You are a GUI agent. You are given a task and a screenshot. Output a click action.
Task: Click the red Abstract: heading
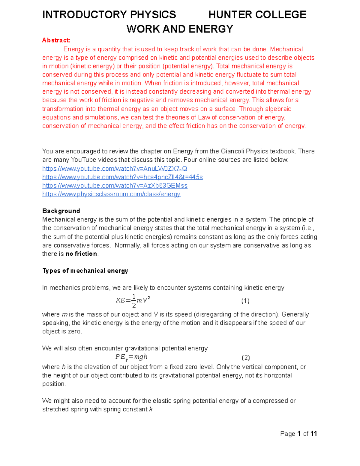(56, 40)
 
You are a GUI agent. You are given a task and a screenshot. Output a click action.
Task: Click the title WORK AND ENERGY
(180, 29)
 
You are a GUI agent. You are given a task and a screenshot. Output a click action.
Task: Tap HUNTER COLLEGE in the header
(257, 15)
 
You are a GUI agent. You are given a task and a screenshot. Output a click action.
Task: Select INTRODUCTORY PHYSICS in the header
(109, 15)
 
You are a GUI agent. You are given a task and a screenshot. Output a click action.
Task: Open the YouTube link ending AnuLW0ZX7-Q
(115, 169)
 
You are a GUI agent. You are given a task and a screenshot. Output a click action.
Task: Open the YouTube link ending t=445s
(122, 177)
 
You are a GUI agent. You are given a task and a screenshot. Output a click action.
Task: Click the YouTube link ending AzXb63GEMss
(115, 186)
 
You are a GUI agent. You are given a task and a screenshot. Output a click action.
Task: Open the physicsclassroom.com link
(111, 194)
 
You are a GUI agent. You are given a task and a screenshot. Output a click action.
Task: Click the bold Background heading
(61, 211)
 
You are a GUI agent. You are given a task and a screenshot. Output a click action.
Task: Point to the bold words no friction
(81, 254)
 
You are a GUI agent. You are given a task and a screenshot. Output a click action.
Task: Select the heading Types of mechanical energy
(85, 271)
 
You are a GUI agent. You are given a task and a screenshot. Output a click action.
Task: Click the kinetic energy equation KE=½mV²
(133, 300)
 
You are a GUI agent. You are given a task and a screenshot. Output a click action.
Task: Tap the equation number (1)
(245, 301)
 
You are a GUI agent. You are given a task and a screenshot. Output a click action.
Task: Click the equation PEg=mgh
(131, 357)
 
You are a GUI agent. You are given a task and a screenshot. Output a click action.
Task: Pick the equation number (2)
(245, 358)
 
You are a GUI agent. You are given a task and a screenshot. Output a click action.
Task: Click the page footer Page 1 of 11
(298, 434)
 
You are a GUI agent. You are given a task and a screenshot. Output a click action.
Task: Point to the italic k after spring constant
(151, 410)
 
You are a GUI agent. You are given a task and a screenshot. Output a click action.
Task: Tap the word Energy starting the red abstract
(73, 49)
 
